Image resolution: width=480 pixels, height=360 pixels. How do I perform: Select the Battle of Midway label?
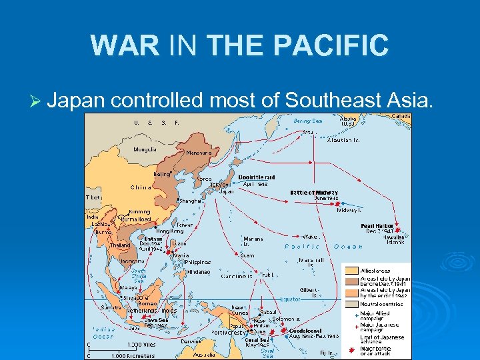click(x=313, y=193)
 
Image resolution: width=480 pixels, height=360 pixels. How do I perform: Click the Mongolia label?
click(x=145, y=149)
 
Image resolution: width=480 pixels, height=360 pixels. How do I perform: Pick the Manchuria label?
click(x=198, y=153)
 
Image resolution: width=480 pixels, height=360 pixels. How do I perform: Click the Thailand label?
click(x=121, y=245)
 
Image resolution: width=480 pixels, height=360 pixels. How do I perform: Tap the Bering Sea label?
click(x=308, y=121)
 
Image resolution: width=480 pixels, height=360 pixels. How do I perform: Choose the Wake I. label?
click(x=311, y=236)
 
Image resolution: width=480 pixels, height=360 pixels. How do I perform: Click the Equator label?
click(x=291, y=299)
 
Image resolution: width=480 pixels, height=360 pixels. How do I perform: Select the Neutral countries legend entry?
click(x=383, y=303)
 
